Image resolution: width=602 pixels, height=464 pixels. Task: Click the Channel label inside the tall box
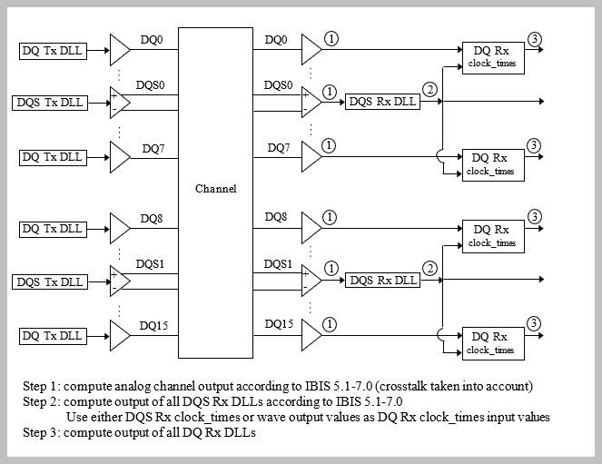click(216, 189)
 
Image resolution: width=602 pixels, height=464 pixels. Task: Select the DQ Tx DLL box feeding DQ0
click(52, 50)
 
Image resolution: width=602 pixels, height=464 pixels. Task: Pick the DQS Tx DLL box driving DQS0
click(49, 102)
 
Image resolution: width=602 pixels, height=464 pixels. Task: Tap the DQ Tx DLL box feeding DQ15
click(52, 336)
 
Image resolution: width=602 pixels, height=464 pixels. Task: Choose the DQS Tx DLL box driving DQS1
click(49, 281)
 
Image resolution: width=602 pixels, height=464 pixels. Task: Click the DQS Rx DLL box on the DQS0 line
click(382, 102)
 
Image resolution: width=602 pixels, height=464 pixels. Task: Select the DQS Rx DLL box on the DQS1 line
click(382, 281)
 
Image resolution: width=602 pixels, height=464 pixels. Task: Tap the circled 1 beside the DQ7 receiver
click(329, 144)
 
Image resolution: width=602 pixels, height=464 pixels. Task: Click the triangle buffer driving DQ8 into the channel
click(120, 227)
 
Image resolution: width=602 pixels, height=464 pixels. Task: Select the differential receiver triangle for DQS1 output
click(311, 281)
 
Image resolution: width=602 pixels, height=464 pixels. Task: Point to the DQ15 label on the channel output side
click(279, 324)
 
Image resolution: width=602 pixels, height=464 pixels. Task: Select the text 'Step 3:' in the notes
click(42, 432)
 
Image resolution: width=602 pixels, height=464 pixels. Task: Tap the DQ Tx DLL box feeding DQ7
click(52, 157)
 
